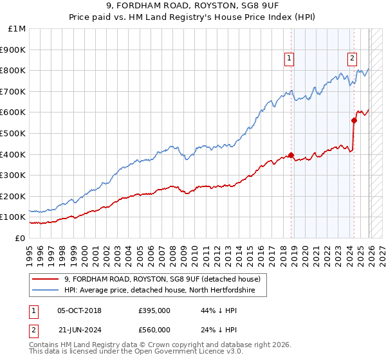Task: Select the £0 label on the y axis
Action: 21,238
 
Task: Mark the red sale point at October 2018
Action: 291,155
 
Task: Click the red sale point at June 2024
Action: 354,120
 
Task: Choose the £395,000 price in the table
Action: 154,310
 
